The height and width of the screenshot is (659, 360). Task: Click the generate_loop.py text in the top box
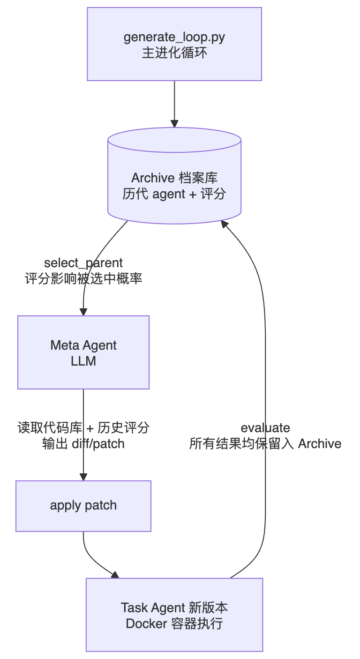[x=174, y=37]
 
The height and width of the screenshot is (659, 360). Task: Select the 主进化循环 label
[x=174, y=52]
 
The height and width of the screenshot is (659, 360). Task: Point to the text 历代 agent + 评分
[x=174, y=194]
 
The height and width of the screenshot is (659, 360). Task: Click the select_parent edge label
[x=83, y=263]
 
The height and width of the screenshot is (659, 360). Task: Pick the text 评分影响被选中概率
[x=83, y=279]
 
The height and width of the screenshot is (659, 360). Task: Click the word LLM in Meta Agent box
[x=83, y=361]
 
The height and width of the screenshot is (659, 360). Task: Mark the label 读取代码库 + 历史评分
[x=83, y=427]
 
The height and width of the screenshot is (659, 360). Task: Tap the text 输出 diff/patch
[x=83, y=443]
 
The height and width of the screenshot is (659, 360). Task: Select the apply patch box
[x=83, y=506]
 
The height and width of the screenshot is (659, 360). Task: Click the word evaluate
[x=265, y=427]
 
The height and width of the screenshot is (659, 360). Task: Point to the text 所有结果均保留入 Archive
[x=265, y=443]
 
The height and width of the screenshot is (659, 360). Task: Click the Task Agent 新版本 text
[x=174, y=607]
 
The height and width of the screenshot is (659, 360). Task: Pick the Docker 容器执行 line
[x=174, y=624]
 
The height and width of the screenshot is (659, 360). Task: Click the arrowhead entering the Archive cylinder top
[x=174, y=124]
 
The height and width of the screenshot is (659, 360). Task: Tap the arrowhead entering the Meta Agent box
[x=83, y=312]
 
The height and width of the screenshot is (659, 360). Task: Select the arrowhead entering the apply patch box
[x=83, y=477]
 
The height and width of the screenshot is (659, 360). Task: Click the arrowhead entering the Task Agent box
[x=115, y=575]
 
